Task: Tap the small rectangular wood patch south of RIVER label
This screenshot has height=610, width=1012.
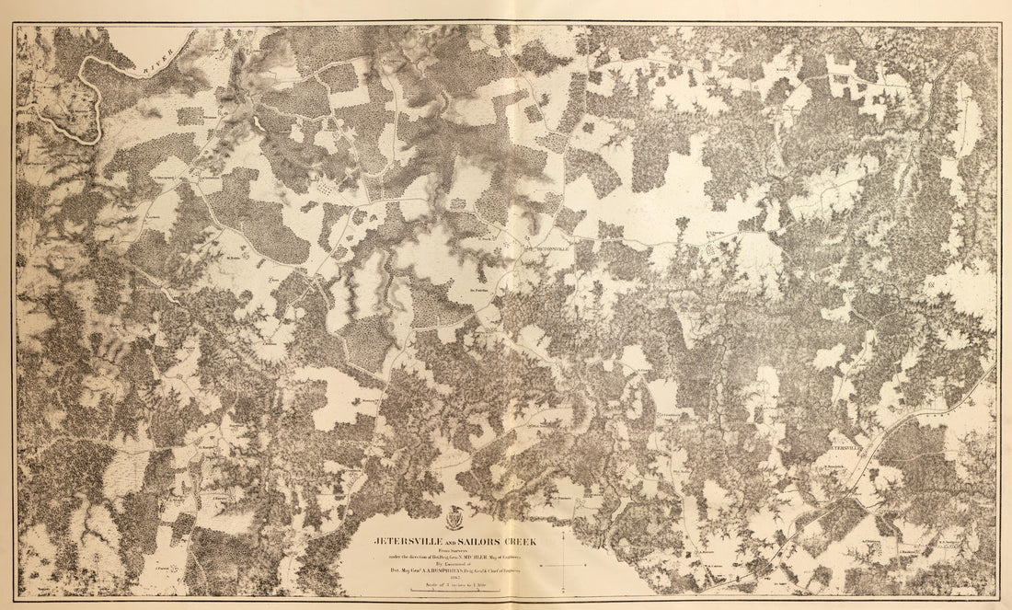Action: (x=190, y=116)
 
